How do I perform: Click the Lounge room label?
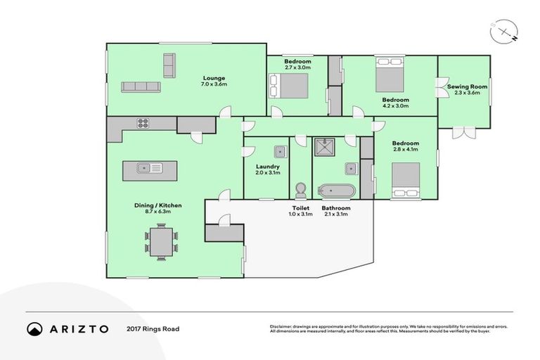[214, 81]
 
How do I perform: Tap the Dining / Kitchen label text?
[158, 209]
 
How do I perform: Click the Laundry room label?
[268, 169]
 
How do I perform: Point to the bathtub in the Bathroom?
[337, 190]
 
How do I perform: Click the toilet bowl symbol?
[301, 190]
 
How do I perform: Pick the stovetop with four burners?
[143, 123]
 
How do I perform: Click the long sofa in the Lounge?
[141, 86]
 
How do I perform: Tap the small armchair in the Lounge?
[169, 65]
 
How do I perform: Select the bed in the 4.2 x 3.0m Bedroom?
[389, 75]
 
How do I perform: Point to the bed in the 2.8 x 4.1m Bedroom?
[405, 179]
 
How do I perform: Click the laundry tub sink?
[280, 150]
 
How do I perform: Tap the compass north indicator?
[503, 31]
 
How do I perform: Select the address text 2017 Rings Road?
[153, 328]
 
